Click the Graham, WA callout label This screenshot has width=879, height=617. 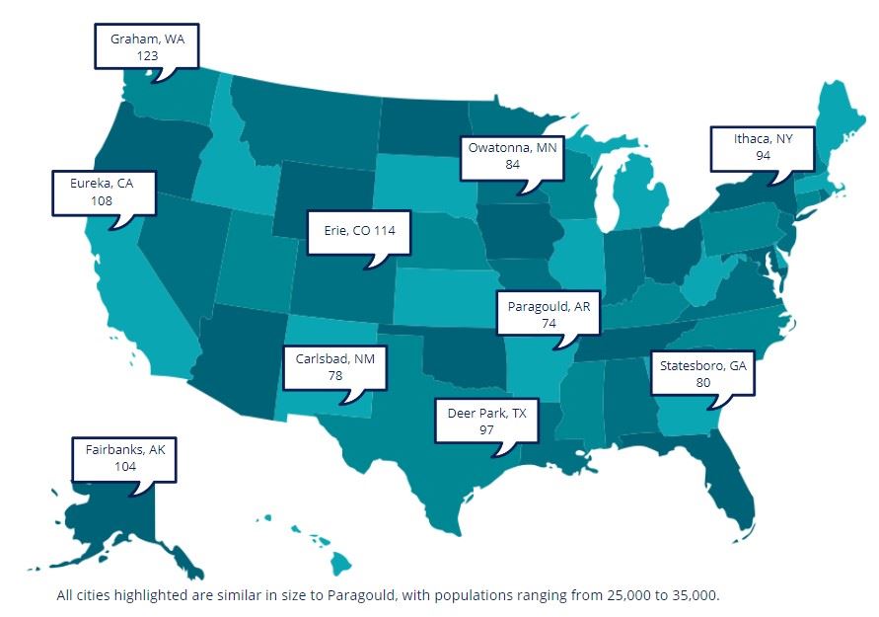point(146,46)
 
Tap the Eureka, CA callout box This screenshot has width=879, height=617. point(103,192)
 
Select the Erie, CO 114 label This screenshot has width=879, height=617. point(358,234)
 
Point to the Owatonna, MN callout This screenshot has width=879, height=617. point(512,155)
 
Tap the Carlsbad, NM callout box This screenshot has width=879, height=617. point(334,366)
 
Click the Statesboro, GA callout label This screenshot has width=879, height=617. point(703,373)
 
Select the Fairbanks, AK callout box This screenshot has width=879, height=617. point(124,458)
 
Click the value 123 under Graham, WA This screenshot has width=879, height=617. point(147,56)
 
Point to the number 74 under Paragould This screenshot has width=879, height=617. point(549,323)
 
